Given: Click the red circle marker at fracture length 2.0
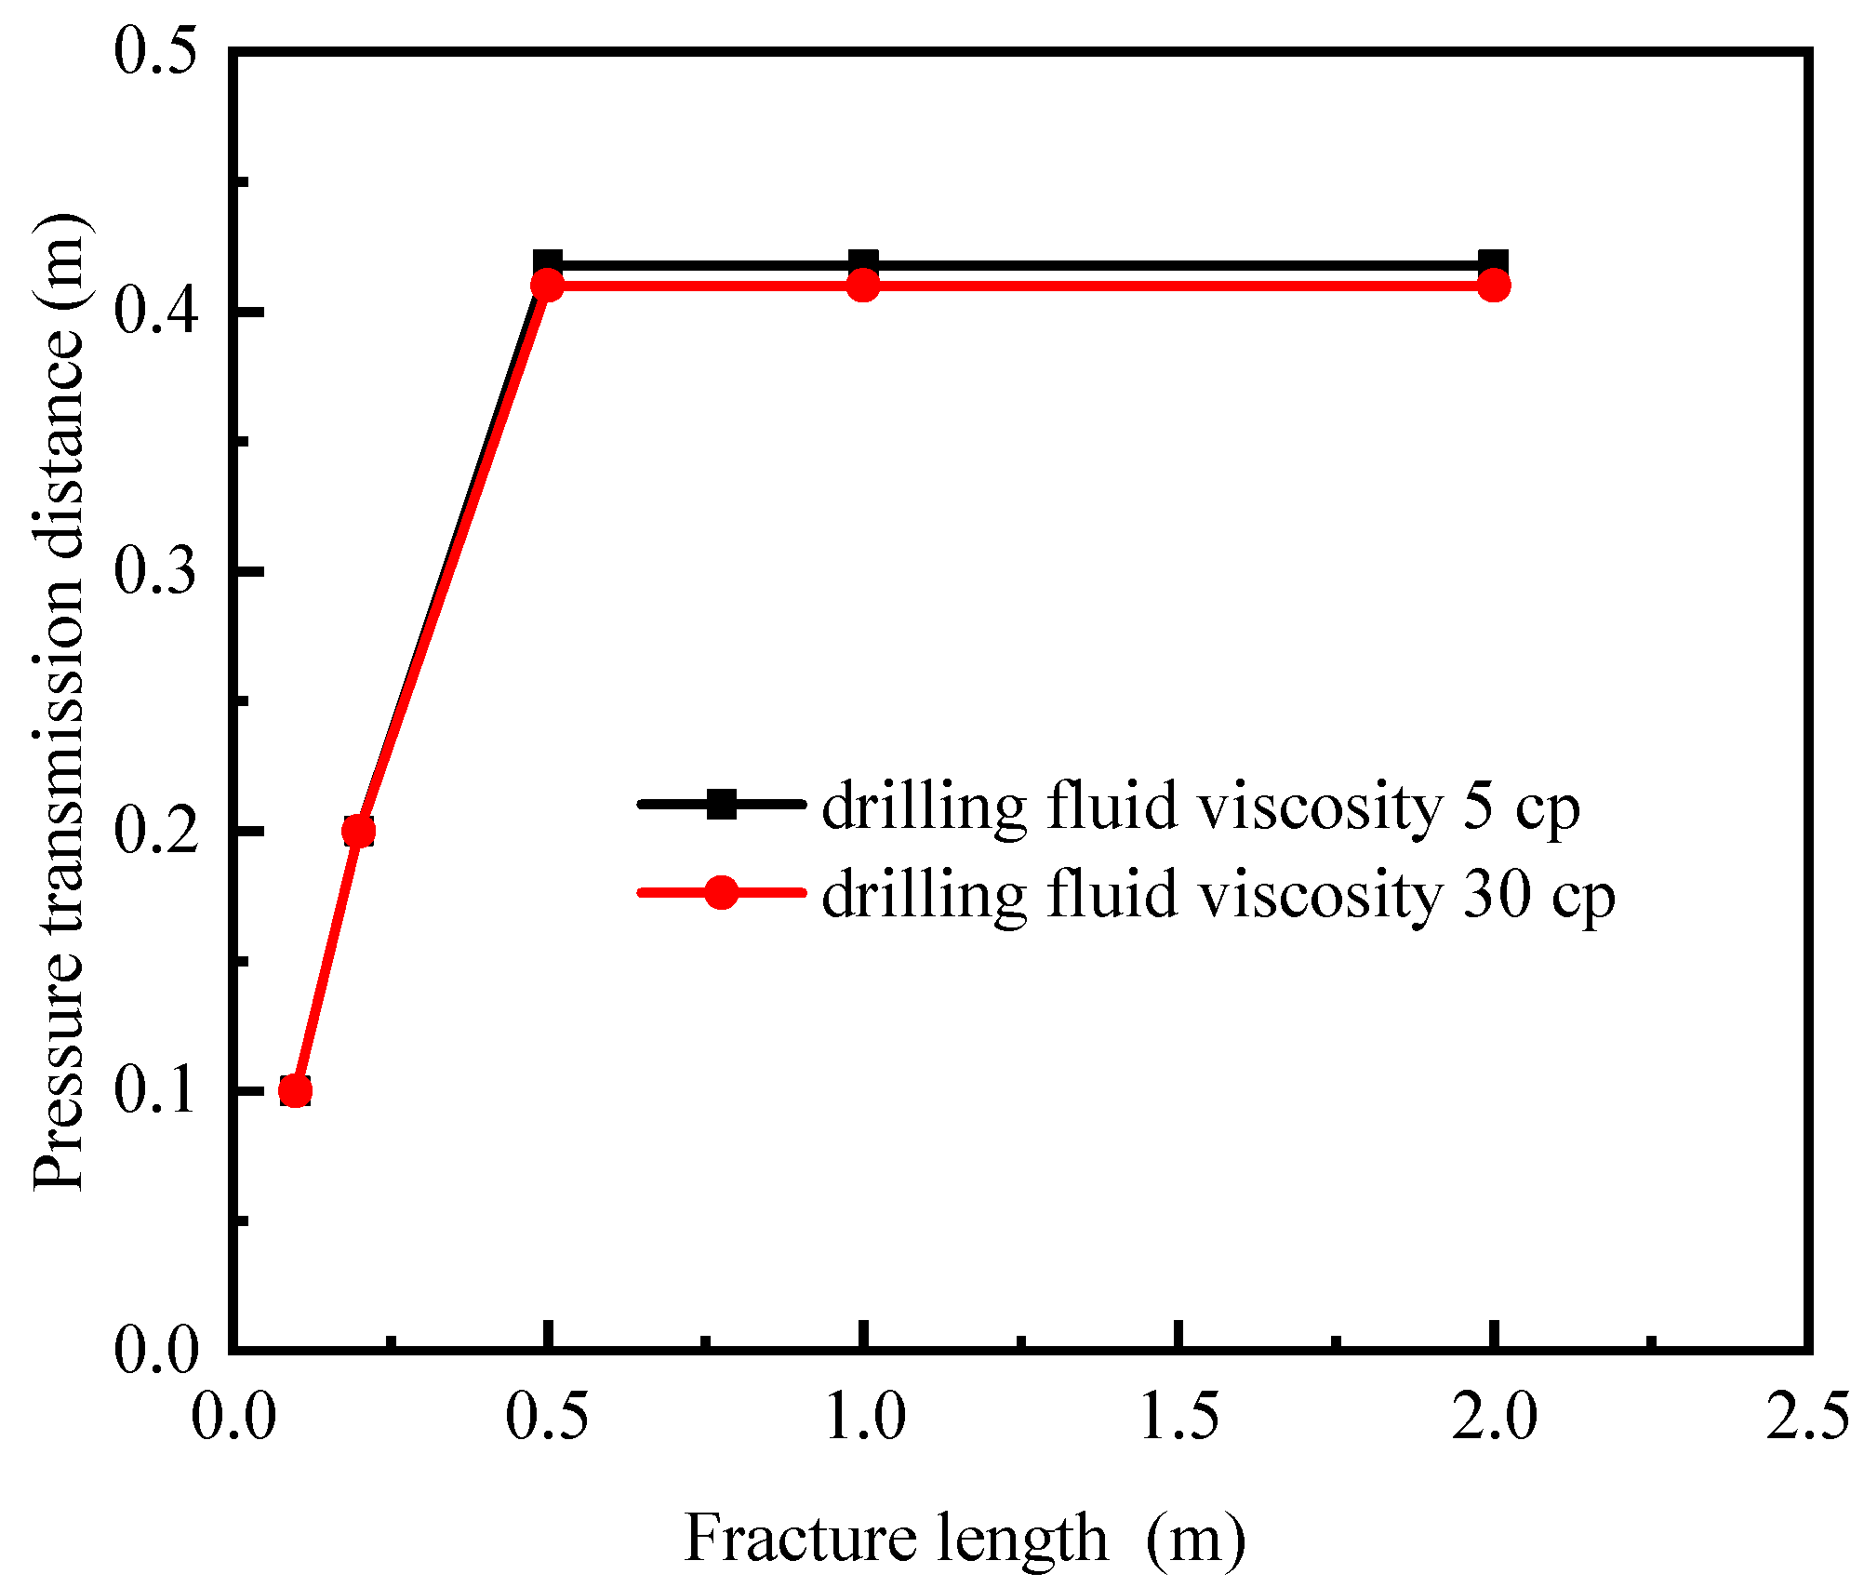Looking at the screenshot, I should pyautogui.click(x=1493, y=286).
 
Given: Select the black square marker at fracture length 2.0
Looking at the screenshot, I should pyautogui.click(x=1493, y=263).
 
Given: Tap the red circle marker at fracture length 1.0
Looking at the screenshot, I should pyautogui.click(x=863, y=286).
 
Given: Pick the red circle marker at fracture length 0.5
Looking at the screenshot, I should pyautogui.click(x=548, y=286).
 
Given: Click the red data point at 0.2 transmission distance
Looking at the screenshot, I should pyautogui.click(x=358, y=831).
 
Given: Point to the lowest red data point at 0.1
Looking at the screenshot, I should pyautogui.click(x=295, y=1090).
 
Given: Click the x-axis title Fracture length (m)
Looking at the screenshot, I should pyautogui.click(x=964, y=1538).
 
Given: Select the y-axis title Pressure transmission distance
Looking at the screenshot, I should pyautogui.click(x=58, y=702).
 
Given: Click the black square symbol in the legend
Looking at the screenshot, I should pyautogui.click(x=722, y=804).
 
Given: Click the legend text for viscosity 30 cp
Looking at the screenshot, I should pyautogui.click(x=1218, y=895).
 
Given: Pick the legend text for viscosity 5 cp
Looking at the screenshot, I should pyautogui.click(x=1200, y=806).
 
